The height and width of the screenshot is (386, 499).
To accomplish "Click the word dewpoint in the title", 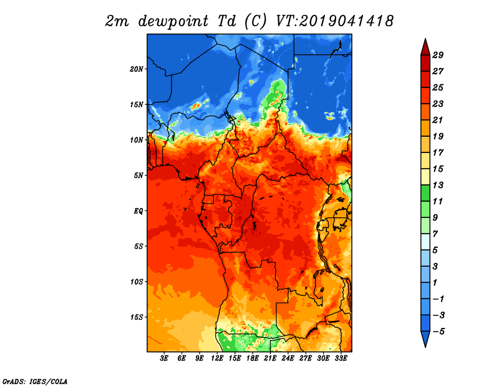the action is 173,21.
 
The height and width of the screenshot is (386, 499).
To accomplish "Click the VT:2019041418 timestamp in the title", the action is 335,21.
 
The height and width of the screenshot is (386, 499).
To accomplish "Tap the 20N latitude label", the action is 137,69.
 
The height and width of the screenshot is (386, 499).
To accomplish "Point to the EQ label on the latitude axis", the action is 138,210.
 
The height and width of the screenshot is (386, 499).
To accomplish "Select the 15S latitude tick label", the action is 137,317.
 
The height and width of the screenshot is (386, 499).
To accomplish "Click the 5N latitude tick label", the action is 138,176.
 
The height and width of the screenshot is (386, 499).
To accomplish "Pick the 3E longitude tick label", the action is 164,359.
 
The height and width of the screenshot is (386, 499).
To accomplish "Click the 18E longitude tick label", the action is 253,359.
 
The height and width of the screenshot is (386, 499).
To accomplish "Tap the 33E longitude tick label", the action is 341,359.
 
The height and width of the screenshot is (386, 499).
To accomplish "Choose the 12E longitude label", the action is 217,359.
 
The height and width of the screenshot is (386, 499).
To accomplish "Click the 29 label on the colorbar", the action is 438,55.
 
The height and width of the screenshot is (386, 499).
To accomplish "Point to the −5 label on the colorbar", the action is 438,332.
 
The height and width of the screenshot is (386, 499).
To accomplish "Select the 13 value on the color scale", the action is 438,185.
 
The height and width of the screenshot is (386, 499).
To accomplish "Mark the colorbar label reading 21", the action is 438,120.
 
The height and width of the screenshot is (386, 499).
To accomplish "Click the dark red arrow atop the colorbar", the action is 425,47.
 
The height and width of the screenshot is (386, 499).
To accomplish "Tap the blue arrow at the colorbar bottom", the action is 425,339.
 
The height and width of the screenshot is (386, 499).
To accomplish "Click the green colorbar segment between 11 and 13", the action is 425,193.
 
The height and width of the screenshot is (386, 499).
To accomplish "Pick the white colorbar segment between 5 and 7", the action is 425,242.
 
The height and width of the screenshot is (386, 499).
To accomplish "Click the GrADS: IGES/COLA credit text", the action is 35,381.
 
